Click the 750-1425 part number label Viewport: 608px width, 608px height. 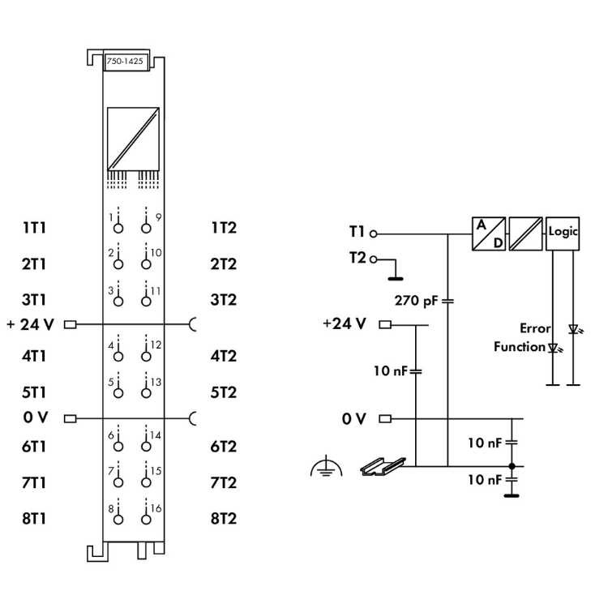point(126,62)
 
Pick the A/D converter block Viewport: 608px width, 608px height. point(488,234)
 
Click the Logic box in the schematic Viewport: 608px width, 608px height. point(563,232)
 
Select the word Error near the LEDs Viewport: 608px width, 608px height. point(536,328)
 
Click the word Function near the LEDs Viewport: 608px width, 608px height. point(519,347)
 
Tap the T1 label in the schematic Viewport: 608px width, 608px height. point(357,232)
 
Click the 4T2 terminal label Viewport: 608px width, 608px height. point(224,355)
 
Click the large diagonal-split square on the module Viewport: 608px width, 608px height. point(132,137)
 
